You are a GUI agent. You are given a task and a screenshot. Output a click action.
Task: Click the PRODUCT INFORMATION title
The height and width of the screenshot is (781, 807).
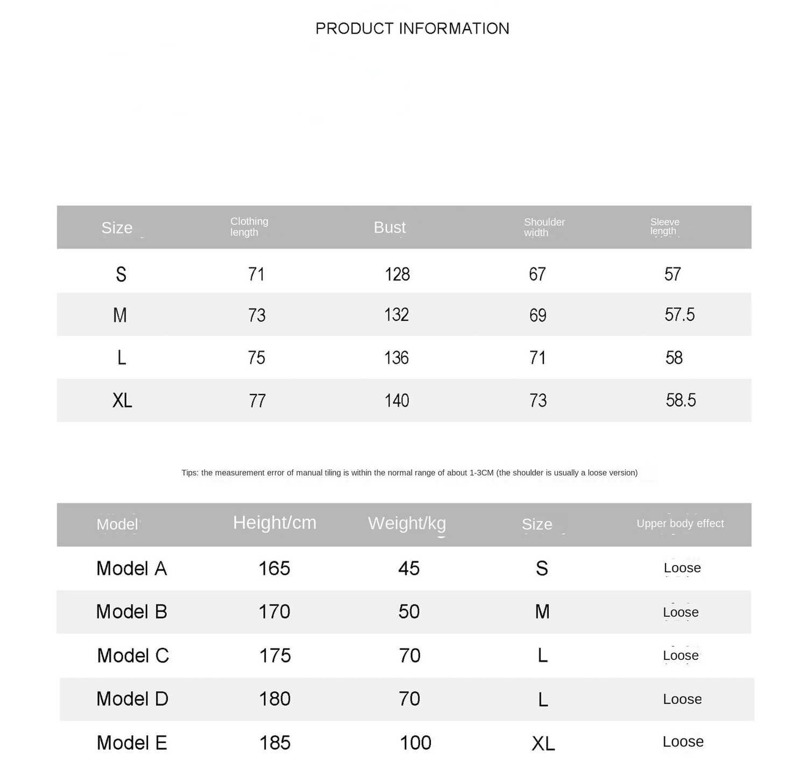pyautogui.click(x=412, y=29)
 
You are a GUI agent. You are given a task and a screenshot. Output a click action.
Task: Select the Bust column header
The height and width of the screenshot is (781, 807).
pyautogui.click(x=390, y=227)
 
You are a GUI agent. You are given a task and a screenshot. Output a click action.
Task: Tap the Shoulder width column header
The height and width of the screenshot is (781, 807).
pyautogui.click(x=544, y=227)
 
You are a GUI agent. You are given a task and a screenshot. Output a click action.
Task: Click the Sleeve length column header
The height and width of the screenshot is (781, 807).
pyautogui.click(x=664, y=227)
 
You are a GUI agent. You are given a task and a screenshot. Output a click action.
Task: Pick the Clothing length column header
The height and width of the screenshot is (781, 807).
pyautogui.click(x=249, y=227)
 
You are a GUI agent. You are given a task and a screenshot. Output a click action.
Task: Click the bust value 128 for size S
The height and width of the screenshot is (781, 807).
pyautogui.click(x=397, y=275)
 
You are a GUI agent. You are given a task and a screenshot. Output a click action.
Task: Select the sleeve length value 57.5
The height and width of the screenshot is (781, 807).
pyautogui.click(x=679, y=315)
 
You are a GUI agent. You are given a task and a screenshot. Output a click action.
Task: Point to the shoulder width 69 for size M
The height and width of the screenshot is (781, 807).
pyautogui.click(x=537, y=315)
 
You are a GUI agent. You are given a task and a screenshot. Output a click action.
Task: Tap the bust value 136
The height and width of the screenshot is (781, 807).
pyautogui.click(x=397, y=358)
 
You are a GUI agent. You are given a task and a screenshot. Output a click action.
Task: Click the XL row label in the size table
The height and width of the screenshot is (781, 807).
pyautogui.click(x=122, y=400)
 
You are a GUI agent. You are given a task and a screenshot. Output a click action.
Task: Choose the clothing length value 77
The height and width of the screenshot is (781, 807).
pyautogui.click(x=257, y=401)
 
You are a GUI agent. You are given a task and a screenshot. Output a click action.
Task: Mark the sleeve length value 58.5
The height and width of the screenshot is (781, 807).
pyautogui.click(x=681, y=400)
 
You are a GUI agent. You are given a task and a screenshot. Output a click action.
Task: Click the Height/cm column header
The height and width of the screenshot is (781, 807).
pyautogui.click(x=274, y=523)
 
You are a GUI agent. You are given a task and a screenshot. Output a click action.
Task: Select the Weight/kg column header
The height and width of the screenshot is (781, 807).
pyautogui.click(x=407, y=523)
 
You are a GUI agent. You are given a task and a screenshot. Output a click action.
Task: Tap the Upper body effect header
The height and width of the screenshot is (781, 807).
pyautogui.click(x=680, y=524)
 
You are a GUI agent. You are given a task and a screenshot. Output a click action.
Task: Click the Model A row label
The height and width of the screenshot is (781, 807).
pyautogui.click(x=132, y=568)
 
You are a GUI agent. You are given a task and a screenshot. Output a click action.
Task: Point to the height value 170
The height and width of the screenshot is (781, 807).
pyautogui.click(x=274, y=612)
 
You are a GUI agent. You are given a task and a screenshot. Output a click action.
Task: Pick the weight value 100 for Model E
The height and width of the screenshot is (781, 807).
pyautogui.click(x=415, y=743)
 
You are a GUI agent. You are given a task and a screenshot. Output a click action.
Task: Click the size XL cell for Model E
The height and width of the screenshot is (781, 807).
pyautogui.click(x=543, y=744)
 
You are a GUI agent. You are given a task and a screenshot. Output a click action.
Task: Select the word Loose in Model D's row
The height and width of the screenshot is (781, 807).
pyautogui.click(x=682, y=699)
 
